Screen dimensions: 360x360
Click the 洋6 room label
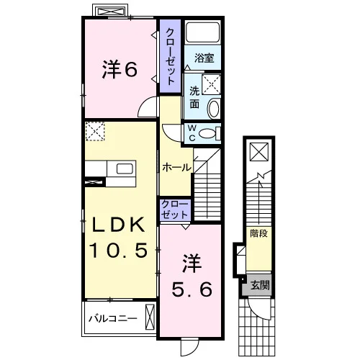click(120, 70)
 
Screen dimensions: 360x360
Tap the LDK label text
click(119, 225)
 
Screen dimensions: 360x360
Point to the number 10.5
click(118, 250)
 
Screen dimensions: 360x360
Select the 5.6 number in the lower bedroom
click(192, 289)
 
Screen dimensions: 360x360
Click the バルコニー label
click(113, 319)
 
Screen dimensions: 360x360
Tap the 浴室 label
click(204, 58)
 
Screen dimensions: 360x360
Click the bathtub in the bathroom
click(203, 32)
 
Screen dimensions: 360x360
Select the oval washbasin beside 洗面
click(213, 109)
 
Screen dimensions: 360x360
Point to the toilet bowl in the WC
click(207, 133)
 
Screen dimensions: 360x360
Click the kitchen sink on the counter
click(125, 168)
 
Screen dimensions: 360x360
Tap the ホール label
click(177, 167)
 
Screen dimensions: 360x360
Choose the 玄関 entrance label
click(260, 285)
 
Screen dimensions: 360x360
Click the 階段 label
click(258, 233)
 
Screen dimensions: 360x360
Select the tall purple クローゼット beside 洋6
click(171, 56)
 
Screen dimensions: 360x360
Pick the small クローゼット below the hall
click(175, 210)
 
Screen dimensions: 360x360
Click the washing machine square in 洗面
click(211, 84)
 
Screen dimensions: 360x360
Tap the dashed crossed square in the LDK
click(95, 131)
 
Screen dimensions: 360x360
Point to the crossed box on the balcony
click(150, 317)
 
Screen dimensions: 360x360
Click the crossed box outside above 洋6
click(110, 11)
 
